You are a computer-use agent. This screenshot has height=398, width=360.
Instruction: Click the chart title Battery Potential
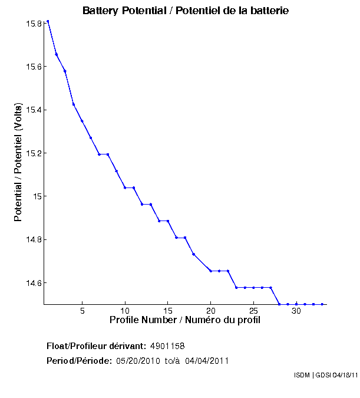coord(185,11)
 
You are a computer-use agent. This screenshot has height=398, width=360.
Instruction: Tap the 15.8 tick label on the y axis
coord(32,24)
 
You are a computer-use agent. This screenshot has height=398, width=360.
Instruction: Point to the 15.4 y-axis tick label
coord(32,110)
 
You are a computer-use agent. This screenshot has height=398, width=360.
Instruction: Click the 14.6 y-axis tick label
coord(32,283)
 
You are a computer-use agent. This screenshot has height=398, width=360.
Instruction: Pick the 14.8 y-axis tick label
coord(32,239)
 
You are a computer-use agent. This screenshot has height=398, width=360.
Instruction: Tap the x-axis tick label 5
coord(82,311)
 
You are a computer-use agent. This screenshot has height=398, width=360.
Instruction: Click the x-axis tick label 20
coord(210,311)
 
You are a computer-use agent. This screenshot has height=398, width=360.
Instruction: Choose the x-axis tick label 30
coord(296,311)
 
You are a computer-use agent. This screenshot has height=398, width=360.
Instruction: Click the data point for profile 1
coord(48,21)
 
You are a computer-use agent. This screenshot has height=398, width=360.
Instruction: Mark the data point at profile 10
coord(125,188)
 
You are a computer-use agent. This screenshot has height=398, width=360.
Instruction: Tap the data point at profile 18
coord(193,254)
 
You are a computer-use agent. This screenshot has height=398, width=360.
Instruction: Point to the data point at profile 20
coord(210,271)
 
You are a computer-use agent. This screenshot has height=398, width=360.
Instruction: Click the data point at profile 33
coord(322,304)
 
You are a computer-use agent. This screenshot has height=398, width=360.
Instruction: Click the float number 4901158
coord(168,346)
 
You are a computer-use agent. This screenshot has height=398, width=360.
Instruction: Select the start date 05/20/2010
coord(138,361)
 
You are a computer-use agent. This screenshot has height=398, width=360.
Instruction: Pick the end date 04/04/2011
coord(207,361)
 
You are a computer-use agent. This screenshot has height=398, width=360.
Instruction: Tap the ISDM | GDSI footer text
coord(325,375)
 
